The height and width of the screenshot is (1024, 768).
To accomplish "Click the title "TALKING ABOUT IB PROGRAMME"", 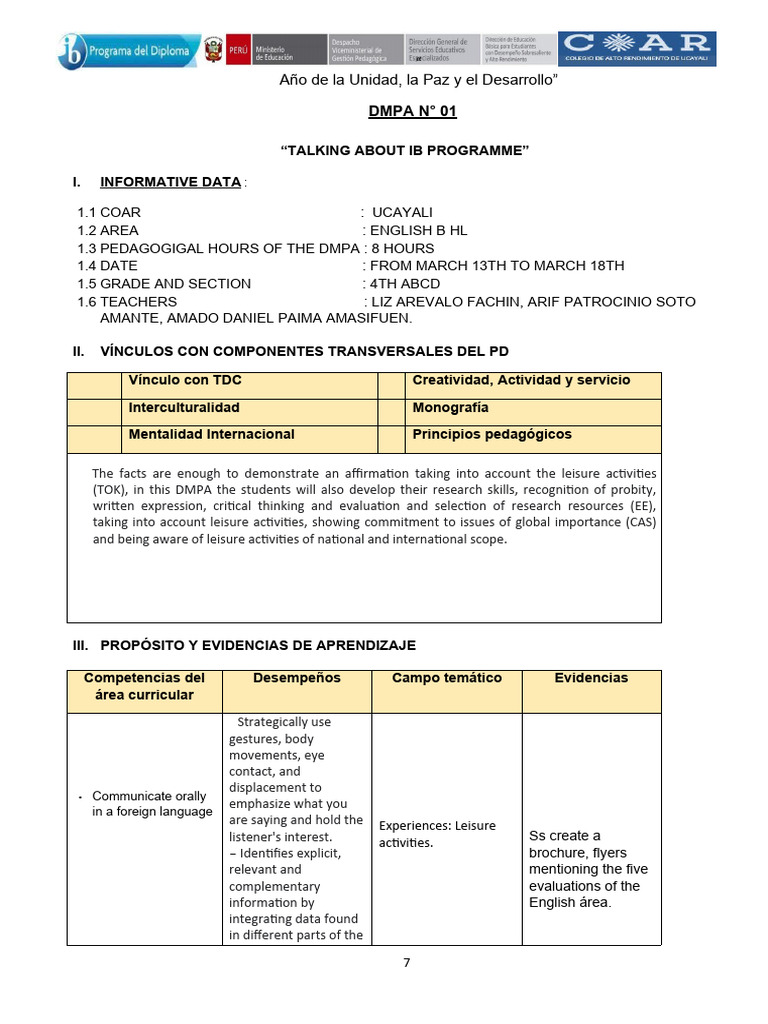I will coord(404,150).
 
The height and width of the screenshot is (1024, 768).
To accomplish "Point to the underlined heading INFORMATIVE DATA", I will coord(170,182).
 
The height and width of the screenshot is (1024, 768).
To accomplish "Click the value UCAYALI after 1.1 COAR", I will coord(402,212).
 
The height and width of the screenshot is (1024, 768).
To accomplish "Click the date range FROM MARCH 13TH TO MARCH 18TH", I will coord(497,265).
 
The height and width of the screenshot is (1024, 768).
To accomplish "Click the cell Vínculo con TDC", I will coord(185,380).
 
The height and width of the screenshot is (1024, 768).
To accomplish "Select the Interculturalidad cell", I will coord(184,408).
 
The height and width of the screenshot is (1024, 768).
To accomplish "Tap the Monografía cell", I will coord(450,408).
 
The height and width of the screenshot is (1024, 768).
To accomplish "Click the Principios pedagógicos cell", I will coord(492,434).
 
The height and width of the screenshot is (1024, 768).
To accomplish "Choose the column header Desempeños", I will coord(296,678).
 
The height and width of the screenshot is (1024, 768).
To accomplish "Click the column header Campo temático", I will coord(446,678).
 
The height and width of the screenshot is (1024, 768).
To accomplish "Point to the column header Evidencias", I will coord(591,678).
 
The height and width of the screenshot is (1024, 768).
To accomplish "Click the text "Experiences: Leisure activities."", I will coord(437,834).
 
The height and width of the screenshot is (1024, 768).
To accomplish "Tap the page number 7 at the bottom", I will coord(406,963).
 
